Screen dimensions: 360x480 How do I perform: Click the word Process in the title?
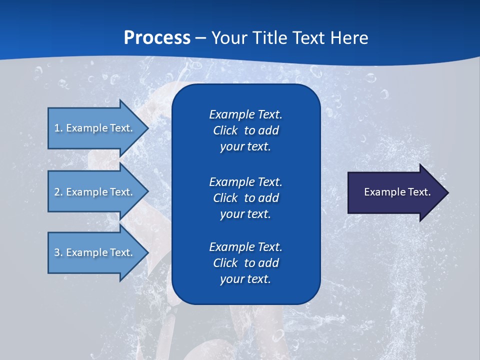pos(157,38)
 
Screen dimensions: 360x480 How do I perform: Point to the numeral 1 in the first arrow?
pos(57,128)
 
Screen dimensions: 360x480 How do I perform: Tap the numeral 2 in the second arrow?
pos(57,192)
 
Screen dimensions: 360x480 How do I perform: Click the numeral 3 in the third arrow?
pos(57,252)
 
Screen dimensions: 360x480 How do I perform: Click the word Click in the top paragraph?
pos(225,130)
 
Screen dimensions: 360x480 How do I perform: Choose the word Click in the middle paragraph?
pos(225,198)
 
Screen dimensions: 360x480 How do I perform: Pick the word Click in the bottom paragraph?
pos(225,263)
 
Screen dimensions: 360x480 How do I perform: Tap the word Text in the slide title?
pos(305,38)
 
